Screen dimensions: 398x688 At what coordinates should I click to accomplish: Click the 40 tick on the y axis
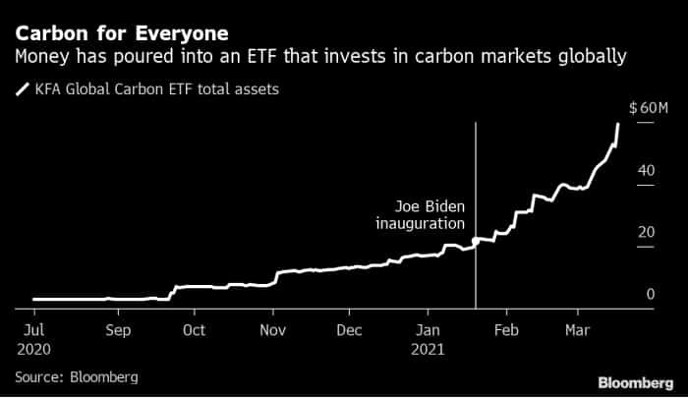[x=646, y=170]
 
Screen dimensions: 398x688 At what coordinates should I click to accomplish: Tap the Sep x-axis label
[x=118, y=331]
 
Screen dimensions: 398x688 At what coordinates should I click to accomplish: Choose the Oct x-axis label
[x=194, y=331]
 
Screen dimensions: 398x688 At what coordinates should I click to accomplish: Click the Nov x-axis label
[x=273, y=331]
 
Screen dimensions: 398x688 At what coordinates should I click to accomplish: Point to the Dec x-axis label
[x=351, y=331]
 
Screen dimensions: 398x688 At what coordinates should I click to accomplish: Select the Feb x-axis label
[x=505, y=331]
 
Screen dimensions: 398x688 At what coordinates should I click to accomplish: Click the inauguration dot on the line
[x=476, y=241]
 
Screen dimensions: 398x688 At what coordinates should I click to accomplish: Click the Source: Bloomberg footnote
[x=76, y=376]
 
